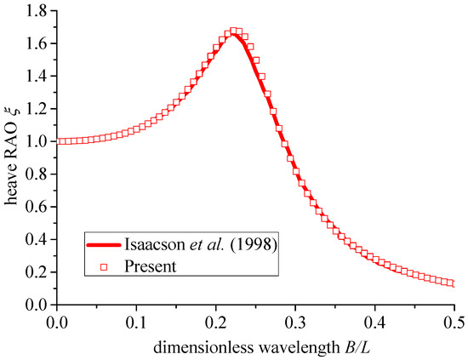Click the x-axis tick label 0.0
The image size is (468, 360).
pos(57,323)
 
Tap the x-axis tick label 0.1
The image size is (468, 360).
pos(136,323)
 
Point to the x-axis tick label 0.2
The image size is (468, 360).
pos(216,323)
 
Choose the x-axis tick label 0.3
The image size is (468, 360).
pos(295,323)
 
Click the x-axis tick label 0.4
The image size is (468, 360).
pos(374,323)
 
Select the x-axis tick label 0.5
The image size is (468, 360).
pos(454,323)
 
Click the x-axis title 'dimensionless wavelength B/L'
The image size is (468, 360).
pos(255,347)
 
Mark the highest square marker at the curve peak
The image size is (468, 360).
pos(234,31)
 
